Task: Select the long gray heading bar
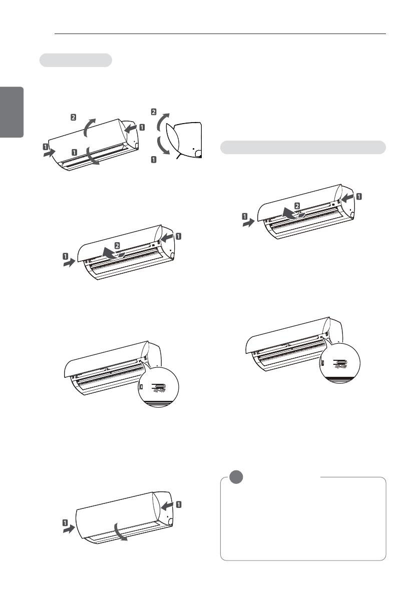point(303,147)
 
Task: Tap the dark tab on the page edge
point(12,112)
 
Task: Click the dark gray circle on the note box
point(236,477)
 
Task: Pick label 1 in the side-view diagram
point(154,159)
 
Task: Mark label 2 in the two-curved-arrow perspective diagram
point(74,117)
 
